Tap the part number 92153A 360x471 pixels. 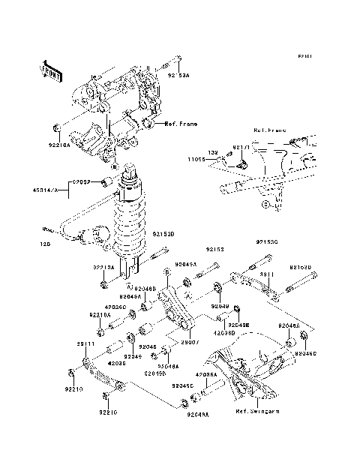(178, 75)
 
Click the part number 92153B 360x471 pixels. (163, 234)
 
